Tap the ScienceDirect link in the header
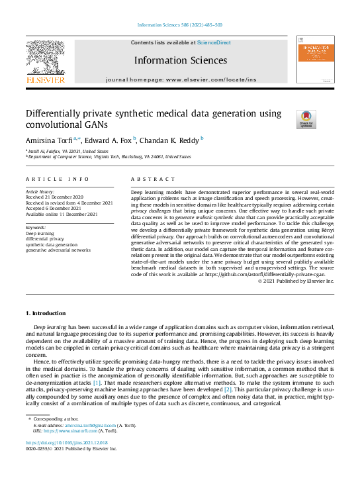pyautogui.click(x=214, y=42)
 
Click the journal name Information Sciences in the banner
pyautogui.click(x=180, y=60)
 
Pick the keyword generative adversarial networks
pyautogui.click(x=58, y=250)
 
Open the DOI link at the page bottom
pyautogui.click(x=67, y=442)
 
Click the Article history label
pyautogui.click(x=40, y=190)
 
